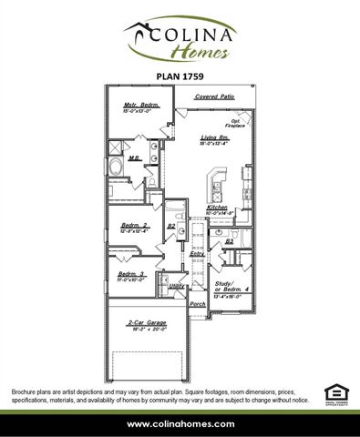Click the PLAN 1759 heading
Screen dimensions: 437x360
180,77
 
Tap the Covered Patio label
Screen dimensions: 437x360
214,96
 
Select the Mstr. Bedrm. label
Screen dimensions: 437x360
141,106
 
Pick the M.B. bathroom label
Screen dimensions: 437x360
133,158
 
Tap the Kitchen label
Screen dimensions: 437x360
217,208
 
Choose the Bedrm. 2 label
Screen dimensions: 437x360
134,225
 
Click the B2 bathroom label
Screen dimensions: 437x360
170,226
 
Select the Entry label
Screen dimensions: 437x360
196,253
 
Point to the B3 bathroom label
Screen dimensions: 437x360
230,241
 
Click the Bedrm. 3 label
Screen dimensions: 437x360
131,273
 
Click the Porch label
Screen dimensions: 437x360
196,303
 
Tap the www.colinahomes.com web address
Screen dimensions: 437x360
180,424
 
